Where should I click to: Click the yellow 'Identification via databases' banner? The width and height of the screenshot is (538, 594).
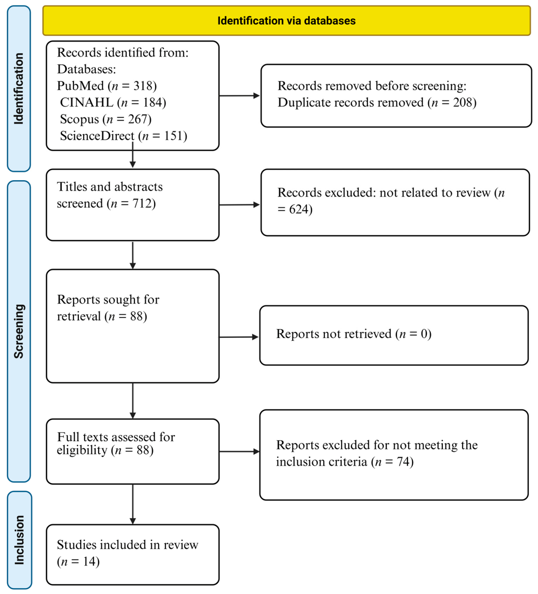[x=287, y=21]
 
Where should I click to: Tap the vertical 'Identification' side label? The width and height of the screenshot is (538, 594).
[x=19, y=88]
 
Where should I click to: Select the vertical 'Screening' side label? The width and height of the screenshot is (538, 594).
[x=19, y=331]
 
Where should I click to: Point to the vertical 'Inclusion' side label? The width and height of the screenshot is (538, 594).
[x=19, y=540]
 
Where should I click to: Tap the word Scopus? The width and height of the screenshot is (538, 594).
[x=79, y=119]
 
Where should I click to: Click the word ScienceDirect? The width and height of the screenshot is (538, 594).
[x=97, y=136]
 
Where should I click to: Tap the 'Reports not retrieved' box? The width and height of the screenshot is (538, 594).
[x=394, y=335]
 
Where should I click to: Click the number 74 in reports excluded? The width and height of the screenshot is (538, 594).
[x=403, y=462]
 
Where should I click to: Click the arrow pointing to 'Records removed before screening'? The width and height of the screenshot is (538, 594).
[x=239, y=96]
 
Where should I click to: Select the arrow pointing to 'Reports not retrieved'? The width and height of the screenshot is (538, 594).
[x=238, y=337]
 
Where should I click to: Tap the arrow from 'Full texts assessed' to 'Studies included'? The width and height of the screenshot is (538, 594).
[x=133, y=504]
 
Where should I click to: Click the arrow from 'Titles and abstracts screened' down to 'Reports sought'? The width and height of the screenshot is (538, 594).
[x=133, y=255]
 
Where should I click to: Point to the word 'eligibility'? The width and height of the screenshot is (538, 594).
[x=82, y=450]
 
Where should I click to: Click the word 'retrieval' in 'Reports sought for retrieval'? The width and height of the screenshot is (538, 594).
[x=79, y=316]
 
